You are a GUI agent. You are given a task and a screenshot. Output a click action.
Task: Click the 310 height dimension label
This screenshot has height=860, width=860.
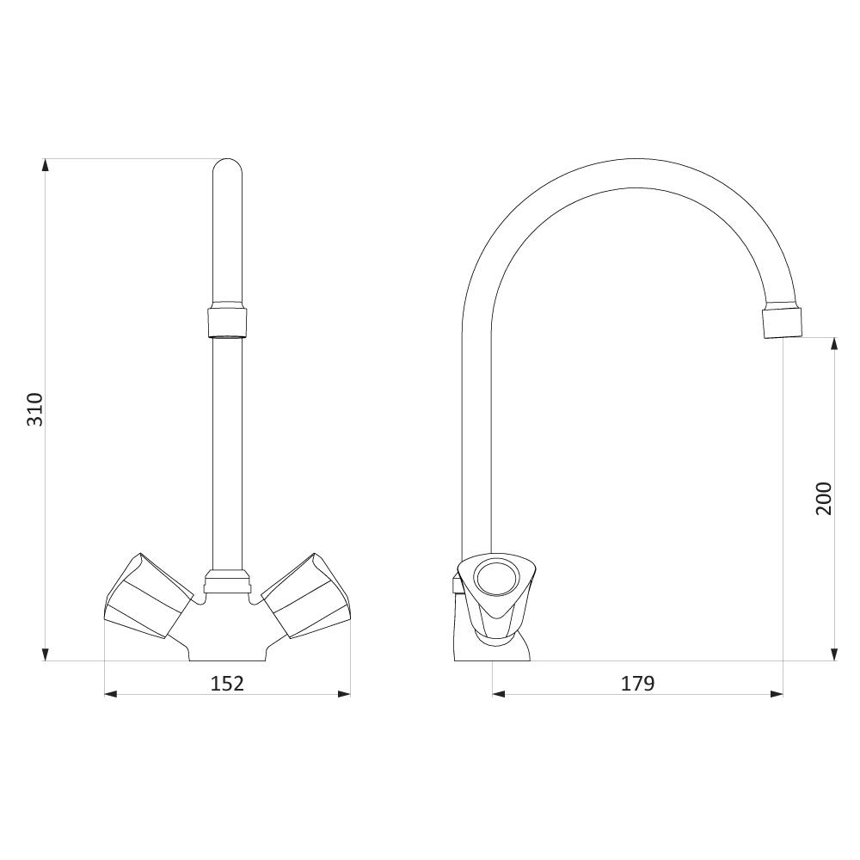coord(35,409)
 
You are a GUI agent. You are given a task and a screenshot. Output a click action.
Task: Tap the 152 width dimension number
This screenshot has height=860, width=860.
coord(227,684)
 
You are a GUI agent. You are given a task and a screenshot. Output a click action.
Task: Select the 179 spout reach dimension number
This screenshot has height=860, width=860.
coord(638,684)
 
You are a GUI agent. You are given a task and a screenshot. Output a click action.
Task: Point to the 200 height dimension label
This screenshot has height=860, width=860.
coord(824,499)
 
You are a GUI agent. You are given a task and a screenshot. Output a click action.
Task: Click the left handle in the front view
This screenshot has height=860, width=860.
coord(149,596)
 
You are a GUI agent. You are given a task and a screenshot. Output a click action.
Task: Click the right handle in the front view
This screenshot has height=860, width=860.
coord(305,596)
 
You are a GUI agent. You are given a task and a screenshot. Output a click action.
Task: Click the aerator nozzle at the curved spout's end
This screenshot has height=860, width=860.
coord(782,322)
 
